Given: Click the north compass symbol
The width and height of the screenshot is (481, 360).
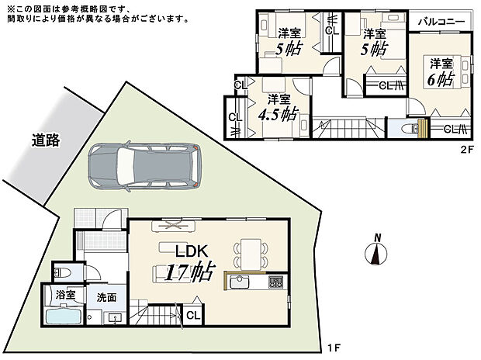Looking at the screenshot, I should click(x=375, y=252).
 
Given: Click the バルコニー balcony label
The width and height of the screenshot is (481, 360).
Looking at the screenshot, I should click(x=441, y=22).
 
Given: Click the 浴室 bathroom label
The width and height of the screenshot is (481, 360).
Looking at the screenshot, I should click(x=65, y=296).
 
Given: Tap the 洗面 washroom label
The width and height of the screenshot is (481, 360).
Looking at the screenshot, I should click(x=107, y=296).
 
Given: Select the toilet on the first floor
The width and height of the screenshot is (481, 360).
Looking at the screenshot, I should click(x=63, y=272).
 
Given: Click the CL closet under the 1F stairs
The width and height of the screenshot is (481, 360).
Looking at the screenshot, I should click(x=192, y=315).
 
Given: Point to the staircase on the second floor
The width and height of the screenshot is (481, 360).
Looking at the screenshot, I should click(x=342, y=127).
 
